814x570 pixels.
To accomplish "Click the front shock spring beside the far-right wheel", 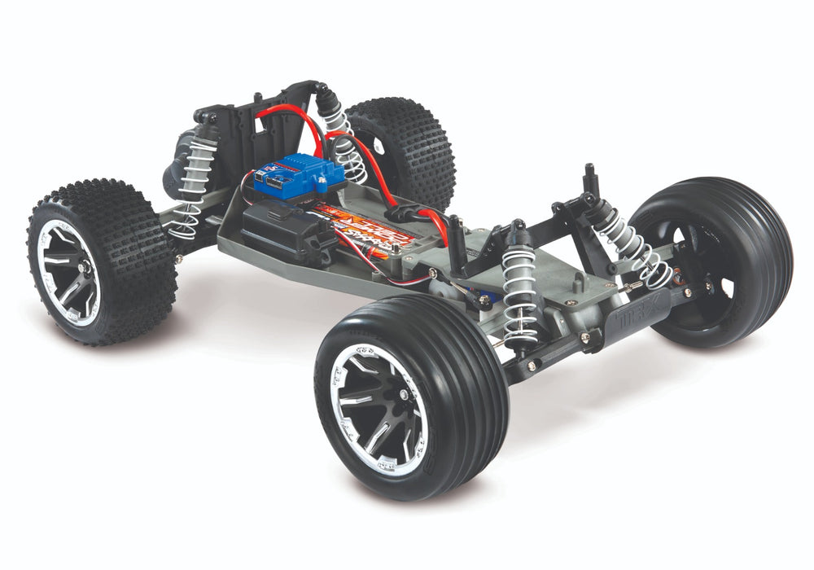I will [x=630, y=239].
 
